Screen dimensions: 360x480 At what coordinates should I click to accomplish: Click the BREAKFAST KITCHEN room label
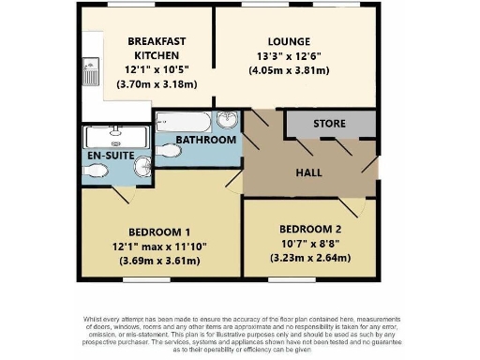[x=156, y=49]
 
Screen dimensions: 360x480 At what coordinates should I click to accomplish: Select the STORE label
[x=329, y=124]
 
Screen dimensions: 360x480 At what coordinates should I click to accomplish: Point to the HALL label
[x=309, y=173]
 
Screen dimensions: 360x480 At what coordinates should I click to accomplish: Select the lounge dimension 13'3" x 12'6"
[x=288, y=55]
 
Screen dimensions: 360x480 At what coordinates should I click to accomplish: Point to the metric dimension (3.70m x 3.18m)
[x=156, y=84]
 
